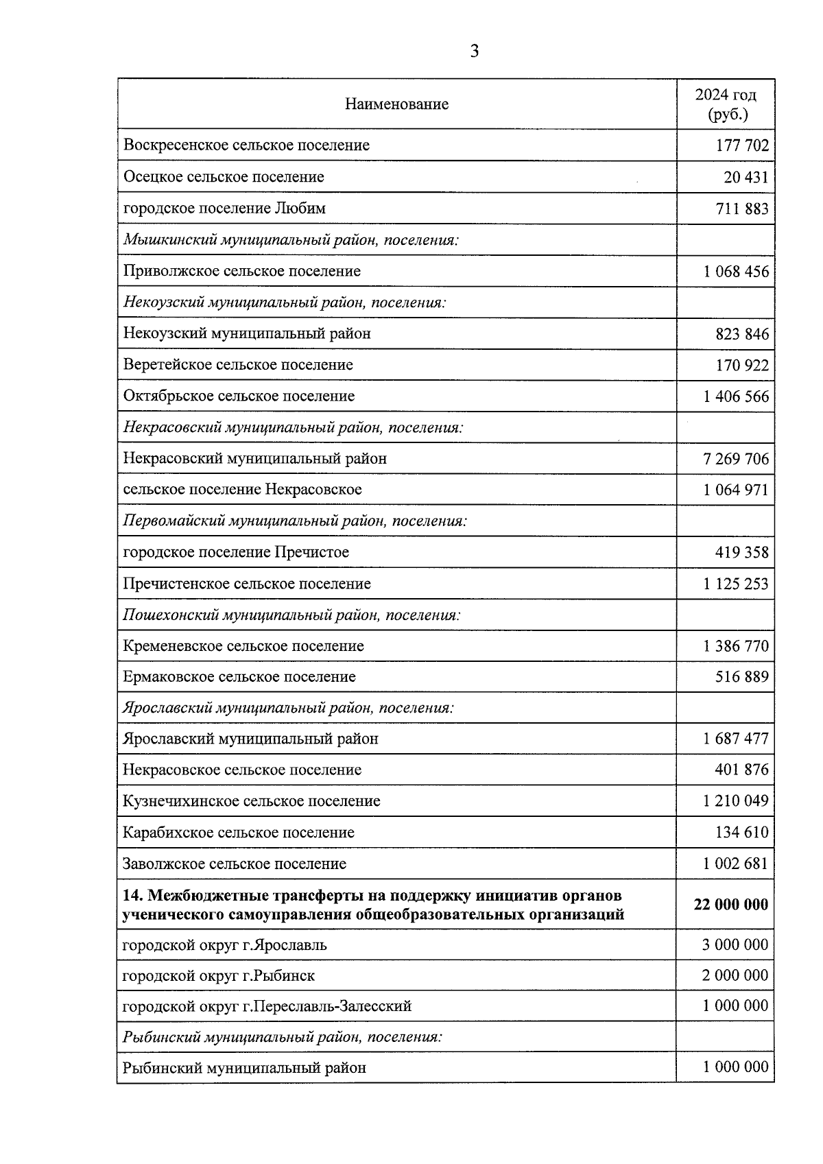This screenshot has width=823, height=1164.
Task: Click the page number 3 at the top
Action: [475, 51]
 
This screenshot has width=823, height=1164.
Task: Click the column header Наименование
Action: [396, 104]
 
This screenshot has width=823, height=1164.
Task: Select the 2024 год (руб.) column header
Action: [726, 104]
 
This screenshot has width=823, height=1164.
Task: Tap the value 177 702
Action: [742, 145]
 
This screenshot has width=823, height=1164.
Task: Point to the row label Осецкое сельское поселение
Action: [224, 177]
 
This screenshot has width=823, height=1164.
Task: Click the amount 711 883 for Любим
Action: [742, 209]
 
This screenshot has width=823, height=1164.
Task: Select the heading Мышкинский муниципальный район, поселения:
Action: [291, 240]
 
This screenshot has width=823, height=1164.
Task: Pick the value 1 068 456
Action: [736, 272]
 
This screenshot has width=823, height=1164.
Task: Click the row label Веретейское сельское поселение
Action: [238, 365]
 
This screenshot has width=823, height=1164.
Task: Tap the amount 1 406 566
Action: [736, 396]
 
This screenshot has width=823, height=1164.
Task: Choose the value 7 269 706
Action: [736, 459]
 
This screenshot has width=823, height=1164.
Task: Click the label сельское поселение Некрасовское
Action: [242, 490]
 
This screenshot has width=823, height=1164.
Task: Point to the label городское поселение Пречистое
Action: [236, 552]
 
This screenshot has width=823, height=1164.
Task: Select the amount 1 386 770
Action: [736, 646]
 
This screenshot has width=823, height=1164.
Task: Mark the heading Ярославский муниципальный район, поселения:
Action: [288, 708]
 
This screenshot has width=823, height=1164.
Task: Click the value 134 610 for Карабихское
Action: [742, 833]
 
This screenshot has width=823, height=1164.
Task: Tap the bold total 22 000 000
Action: [730, 905]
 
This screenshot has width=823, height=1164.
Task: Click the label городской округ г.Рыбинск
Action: [218, 975]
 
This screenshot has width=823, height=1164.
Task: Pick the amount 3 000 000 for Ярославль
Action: [735, 945]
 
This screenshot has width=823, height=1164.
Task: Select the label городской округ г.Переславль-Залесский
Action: [267, 1006]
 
